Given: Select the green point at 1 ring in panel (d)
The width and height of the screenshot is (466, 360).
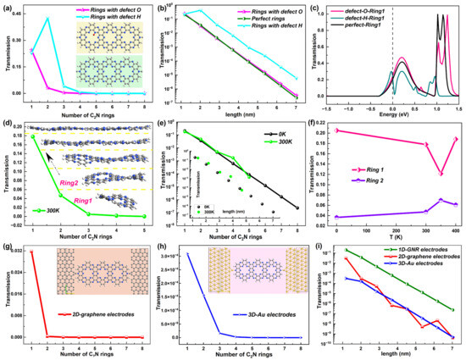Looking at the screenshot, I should pos(33,136).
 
